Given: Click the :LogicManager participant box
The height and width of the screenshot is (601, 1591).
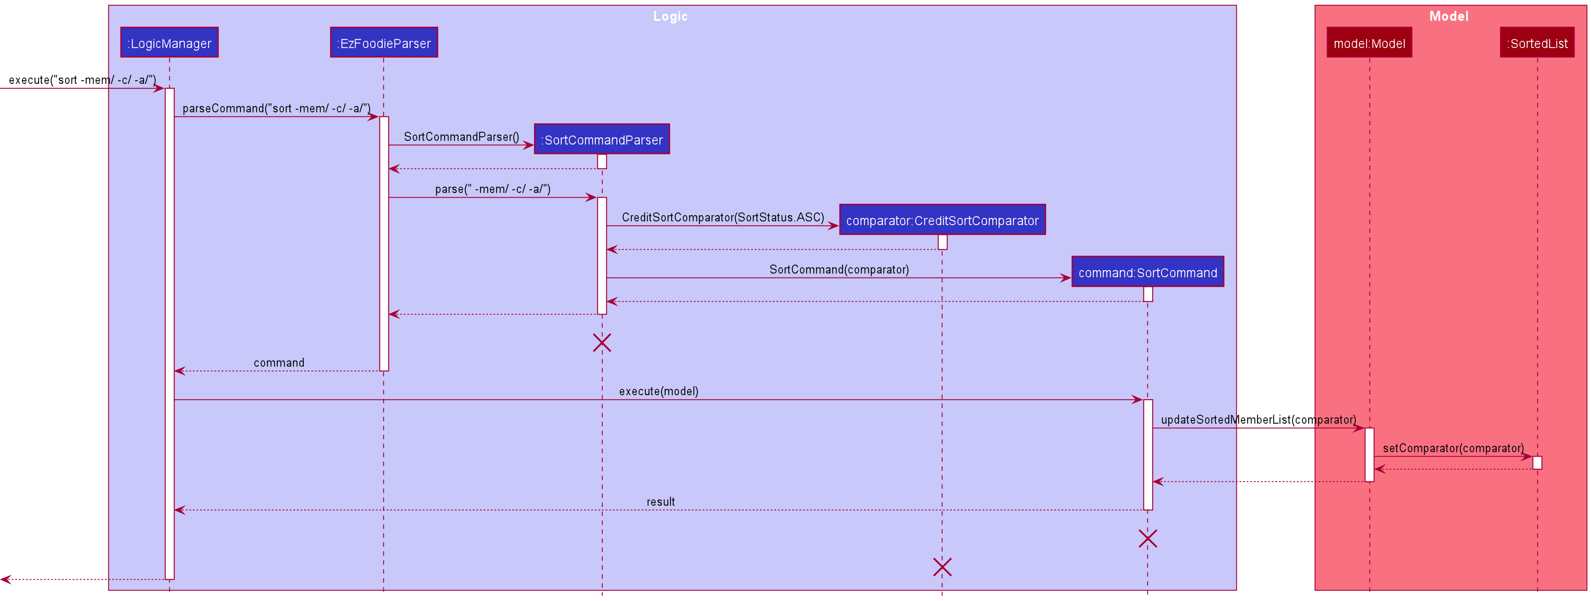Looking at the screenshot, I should coord(169,43).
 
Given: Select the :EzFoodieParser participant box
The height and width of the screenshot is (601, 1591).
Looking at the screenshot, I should coord(383,43).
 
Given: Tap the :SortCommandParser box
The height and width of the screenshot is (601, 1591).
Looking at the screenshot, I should coord(602,139).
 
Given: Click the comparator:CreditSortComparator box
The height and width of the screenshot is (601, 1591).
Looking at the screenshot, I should coord(942,220).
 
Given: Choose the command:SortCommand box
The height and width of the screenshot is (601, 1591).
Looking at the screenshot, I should coord(1147,272).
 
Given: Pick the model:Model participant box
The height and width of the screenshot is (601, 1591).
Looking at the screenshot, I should coord(1369,43).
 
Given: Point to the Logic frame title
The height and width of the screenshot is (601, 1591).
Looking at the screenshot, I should coord(670,16).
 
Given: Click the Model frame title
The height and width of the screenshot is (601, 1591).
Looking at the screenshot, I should coord(1448,16).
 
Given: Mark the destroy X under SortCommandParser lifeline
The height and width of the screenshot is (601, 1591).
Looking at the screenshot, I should coord(602,342).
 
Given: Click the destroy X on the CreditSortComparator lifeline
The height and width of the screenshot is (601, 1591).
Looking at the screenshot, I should coord(942,566).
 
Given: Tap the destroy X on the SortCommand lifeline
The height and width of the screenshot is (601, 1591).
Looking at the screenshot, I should coord(1147,538).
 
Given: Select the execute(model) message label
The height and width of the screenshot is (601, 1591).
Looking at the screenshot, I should coord(658,391).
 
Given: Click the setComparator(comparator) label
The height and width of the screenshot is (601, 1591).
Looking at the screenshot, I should coord(1453,448).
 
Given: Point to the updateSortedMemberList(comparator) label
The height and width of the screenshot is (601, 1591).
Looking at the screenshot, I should coord(1258,420).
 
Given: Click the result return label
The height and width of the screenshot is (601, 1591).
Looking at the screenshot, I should coord(660,502).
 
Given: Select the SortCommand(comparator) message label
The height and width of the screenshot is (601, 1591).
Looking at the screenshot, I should coord(839,270).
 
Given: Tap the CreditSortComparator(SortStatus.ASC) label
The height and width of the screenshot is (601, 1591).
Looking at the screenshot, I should coord(722,217).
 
